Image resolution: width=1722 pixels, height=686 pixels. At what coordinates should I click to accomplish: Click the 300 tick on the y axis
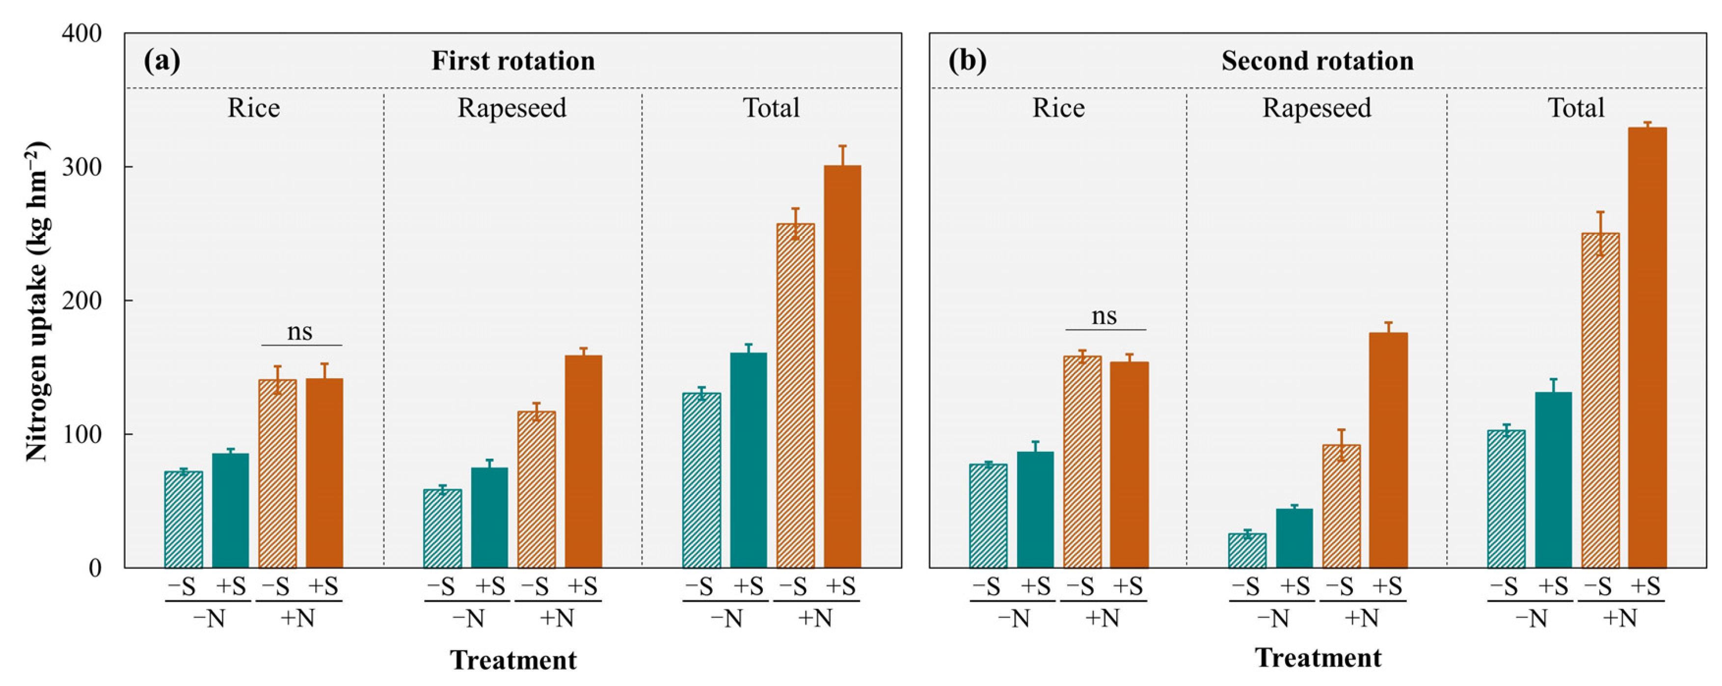(81, 167)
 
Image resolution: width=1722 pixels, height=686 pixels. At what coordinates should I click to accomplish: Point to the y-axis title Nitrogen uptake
(37, 301)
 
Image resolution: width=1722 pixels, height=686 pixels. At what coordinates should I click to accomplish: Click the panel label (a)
(162, 61)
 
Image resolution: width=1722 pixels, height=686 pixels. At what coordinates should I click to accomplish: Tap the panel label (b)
(967, 61)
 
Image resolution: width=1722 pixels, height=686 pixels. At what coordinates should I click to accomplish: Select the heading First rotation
(513, 61)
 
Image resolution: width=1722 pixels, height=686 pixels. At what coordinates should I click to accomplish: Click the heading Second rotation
(1318, 61)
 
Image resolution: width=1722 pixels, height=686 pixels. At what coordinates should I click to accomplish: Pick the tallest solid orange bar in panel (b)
(1647, 348)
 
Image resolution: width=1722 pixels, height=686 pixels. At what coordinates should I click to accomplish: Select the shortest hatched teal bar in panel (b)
(1247, 550)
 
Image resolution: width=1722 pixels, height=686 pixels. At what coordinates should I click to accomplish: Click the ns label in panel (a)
(299, 331)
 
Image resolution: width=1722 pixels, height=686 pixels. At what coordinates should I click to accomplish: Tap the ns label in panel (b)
(1104, 316)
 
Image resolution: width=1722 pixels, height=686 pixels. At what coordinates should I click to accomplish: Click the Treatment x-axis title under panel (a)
(513, 660)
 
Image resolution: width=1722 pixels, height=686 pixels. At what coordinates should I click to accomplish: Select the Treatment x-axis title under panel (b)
(1318, 658)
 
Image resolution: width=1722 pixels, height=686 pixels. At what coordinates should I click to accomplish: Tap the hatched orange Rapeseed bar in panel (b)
(1341, 506)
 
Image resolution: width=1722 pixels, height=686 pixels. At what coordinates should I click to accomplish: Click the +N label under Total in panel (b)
(1620, 618)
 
